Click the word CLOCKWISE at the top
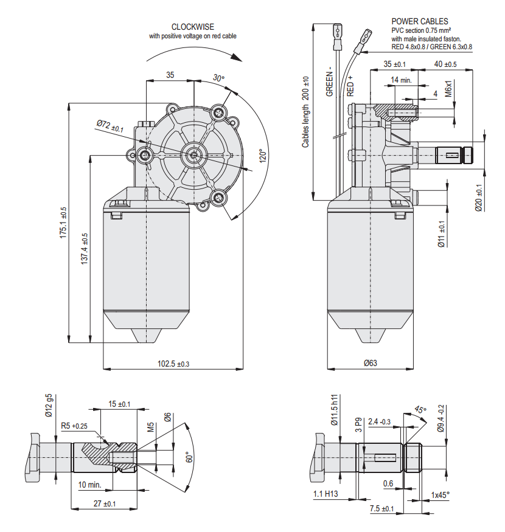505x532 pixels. tap(192, 27)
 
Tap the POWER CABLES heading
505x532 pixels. tap(420, 21)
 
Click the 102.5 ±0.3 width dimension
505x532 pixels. tap(173, 364)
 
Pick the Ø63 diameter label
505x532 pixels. tap(370, 364)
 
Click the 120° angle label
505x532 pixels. tap(260, 157)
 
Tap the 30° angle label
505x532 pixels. tap(218, 78)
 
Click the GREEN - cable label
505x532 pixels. tap(330, 81)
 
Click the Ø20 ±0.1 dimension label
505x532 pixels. tap(478, 197)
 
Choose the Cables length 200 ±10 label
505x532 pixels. tap(306, 112)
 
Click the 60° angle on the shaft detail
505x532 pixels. tap(187, 457)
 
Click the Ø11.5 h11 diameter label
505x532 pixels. tap(334, 413)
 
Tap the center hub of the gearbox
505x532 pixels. tap(193, 154)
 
